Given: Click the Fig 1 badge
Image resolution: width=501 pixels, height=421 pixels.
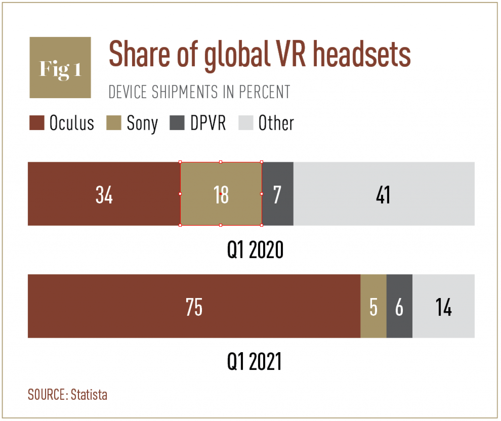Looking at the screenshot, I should click(x=60, y=68).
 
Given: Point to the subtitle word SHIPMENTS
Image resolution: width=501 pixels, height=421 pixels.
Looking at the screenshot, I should click(x=185, y=92).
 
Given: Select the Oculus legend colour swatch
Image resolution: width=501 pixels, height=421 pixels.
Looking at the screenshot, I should click(x=37, y=123).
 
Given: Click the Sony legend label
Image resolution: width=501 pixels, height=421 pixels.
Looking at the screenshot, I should click(x=142, y=123).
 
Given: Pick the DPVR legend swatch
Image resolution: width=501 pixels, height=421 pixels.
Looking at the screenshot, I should click(x=177, y=123).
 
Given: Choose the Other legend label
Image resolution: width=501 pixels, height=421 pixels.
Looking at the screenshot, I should click(x=276, y=123).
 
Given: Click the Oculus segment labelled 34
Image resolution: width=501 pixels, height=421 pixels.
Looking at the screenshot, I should click(x=104, y=194).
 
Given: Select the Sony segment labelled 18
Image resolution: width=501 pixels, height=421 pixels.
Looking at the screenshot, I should click(x=221, y=194).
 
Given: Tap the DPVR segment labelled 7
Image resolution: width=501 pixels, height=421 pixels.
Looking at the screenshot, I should click(x=278, y=194).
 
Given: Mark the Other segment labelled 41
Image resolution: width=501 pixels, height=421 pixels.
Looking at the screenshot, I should click(x=384, y=194).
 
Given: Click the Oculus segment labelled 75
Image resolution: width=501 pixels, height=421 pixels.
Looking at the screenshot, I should click(x=194, y=306).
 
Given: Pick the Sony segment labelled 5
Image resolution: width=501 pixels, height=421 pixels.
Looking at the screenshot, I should click(x=373, y=306).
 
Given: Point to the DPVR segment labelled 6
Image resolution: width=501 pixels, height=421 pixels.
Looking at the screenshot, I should click(x=399, y=306).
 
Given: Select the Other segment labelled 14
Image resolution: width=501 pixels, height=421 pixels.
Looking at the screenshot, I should click(x=443, y=306).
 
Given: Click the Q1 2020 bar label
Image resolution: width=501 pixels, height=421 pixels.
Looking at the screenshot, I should click(x=255, y=250).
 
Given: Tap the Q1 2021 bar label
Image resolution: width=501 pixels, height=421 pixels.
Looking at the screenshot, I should click(x=254, y=362).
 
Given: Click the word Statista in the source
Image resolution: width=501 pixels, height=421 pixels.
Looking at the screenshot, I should click(x=89, y=395).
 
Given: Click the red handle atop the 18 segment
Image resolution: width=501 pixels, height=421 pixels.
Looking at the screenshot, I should click(x=221, y=162).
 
